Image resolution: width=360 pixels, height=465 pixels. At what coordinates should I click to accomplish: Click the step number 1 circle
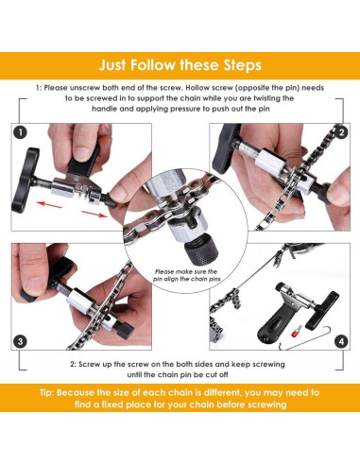point(21,132)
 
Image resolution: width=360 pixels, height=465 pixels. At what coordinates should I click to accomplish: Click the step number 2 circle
point(338,132)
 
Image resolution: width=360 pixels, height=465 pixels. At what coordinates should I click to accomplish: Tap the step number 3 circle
point(21,340)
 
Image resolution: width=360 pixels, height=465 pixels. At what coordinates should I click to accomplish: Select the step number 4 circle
point(338,340)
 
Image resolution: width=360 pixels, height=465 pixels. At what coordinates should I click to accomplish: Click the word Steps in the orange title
point(234,66)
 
